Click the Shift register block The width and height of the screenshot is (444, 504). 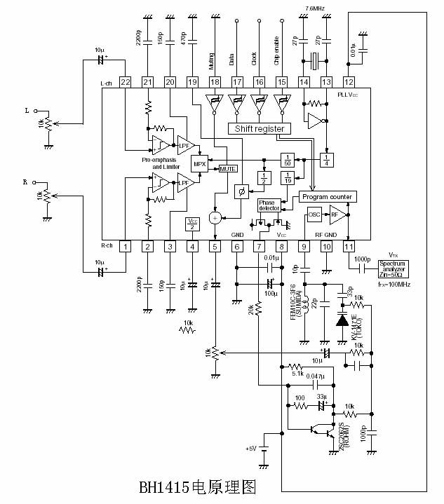tap(258, 129)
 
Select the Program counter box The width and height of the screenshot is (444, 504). tap(326, 197)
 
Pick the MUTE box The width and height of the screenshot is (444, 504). tap(229, 169)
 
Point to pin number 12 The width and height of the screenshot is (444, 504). tap(348, 82)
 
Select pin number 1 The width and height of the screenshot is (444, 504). tap(125, 246)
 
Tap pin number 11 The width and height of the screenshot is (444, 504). tap(348, 246)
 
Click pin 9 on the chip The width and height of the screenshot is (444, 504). tap(304, 246)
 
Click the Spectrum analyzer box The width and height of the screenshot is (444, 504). tap(392, 268)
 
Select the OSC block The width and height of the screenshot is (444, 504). tap(314, 215)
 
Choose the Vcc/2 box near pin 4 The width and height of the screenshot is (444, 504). tap(192, 224)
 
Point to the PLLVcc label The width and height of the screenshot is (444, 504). tap(348, 94)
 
